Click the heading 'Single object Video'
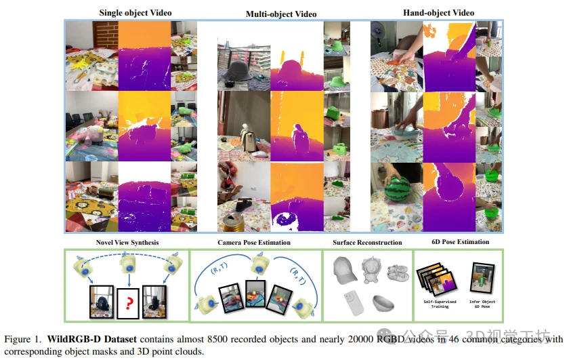coord(135,13)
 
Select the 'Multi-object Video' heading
coord(280,14)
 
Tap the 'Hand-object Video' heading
coord(438,13)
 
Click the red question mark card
coord(128,303)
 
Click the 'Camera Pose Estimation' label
coord(254,242)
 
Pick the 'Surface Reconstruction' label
coord(367,242)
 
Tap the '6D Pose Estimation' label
coord(461,241)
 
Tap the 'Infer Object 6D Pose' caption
coord(481,303)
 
